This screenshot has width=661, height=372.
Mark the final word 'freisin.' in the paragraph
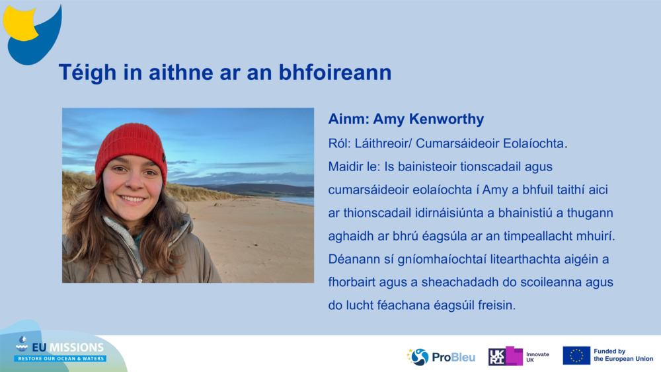[494, 306]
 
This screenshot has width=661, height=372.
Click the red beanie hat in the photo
[131, 147]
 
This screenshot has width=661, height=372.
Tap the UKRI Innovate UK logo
[518, 356]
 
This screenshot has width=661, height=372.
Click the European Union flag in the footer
[576, 355]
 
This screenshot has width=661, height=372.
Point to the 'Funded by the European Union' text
[623, 355]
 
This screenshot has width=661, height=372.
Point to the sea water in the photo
[297, 200]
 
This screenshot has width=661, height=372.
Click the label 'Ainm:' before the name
[348, 120]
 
